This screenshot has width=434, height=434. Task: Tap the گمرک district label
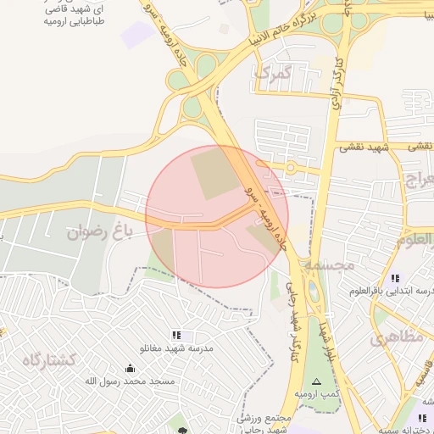tap(272, 74)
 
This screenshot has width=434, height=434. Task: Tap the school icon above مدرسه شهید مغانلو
tap(176, 335)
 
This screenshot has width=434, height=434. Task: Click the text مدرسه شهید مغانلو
tap(176, 348)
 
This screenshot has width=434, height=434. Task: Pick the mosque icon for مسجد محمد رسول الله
tap(130, 368)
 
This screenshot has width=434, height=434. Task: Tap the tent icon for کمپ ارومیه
tap(317, 382)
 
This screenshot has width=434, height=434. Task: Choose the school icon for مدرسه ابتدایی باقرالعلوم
tap(395, 278)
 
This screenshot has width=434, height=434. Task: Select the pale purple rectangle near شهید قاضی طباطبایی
tap(136, 35)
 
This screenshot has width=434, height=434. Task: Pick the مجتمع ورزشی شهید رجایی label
tap(254, 424)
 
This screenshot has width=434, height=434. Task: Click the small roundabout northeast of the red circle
tap(290, 168)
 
